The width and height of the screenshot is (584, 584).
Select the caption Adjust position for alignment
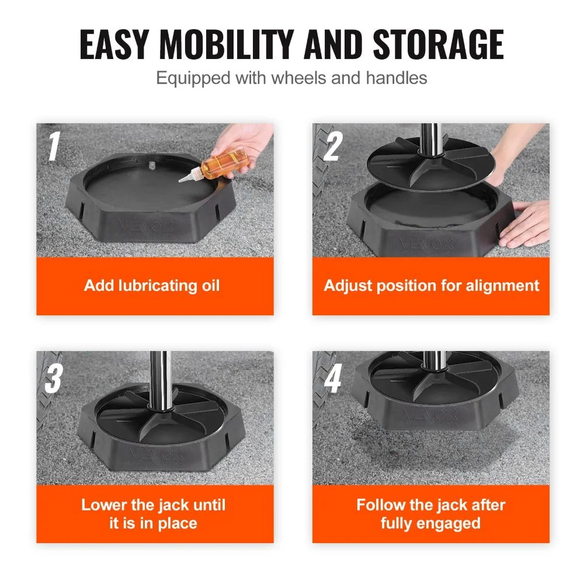[x=432, y=286]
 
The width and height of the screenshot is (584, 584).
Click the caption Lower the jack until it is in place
[x=152, y=513]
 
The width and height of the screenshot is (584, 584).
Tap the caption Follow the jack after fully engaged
[x=432, y=513]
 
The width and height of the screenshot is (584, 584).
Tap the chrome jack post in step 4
[x=432, y=361]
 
